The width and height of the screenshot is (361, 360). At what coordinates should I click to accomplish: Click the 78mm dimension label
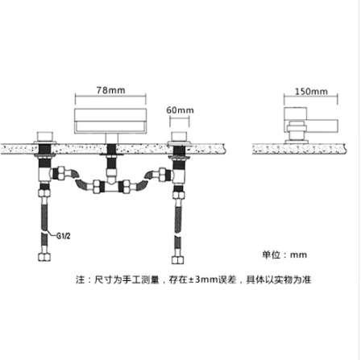coord(110,90)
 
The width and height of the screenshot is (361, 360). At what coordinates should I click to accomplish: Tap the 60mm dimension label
coord(180,110)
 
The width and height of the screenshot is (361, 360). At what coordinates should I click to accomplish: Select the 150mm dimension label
coord(311,92)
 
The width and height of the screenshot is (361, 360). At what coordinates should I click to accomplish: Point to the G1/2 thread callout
coord(64,236)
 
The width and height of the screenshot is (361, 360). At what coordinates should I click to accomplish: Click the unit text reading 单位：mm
coord(284,254)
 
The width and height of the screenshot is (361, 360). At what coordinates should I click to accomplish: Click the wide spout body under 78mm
coord(110,122)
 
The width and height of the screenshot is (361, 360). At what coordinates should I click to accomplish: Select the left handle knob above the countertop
coord(45,137)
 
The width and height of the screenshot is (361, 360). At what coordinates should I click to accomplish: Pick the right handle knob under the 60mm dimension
coord(180,137)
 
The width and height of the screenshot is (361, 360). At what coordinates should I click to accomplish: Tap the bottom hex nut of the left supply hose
coord(44,257)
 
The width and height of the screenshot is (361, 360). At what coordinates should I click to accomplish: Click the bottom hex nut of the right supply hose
coord(178,260)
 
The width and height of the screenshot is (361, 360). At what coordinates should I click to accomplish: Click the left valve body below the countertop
coord(45,173)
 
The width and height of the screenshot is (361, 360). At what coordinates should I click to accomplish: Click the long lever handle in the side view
coord(322,126)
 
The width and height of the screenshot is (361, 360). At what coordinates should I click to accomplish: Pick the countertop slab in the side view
coord(299,149)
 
